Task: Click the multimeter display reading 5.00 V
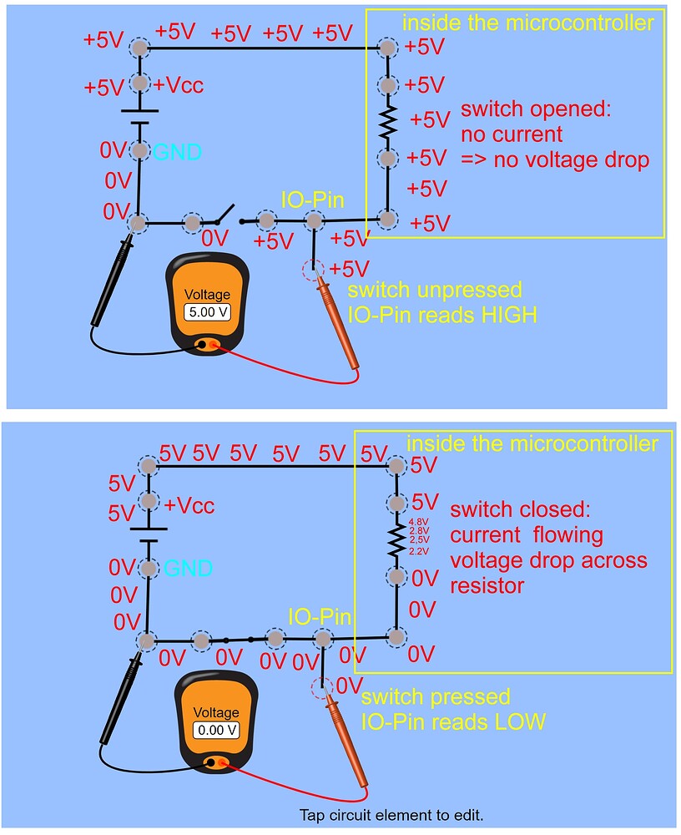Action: tap(206, 313)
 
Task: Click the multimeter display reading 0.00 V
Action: tap(216, 729)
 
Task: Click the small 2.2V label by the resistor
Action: tap(418, 551)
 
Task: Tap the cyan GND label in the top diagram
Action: tap(176, 152)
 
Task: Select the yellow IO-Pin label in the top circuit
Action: tap(313, 199)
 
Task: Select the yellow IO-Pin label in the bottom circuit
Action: tap(320, 617)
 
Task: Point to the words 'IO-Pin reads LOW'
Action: tap(452, 721)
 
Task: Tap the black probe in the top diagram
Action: tap(113, 284)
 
